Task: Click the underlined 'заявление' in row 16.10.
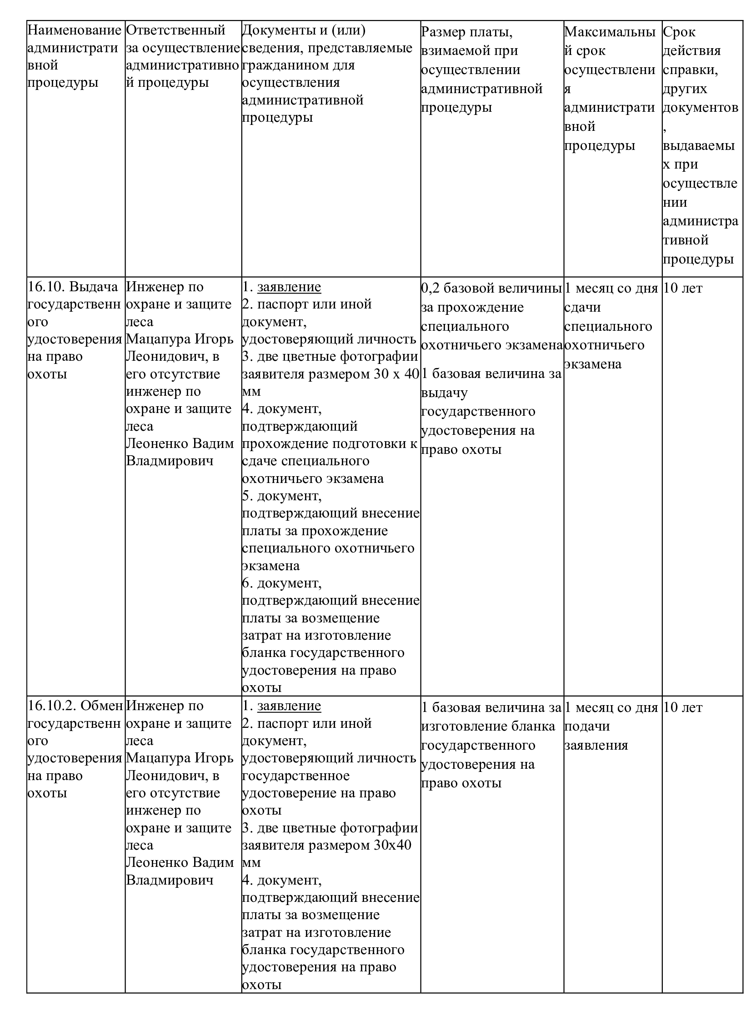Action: (x=289, y=287)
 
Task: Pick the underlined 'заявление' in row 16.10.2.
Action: (x=289, y=706)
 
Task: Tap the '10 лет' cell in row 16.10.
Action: (x=683, y=288)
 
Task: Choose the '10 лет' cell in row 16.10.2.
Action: (x=683, y=707)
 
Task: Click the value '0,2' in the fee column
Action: (x=430, y=288)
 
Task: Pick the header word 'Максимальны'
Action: (x=610, y=32)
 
